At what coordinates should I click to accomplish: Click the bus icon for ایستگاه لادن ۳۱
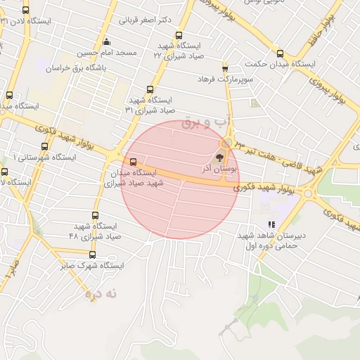[26, 11]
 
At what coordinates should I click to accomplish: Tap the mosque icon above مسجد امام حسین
[106, 41]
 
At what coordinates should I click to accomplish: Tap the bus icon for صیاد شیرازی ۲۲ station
[179, 35]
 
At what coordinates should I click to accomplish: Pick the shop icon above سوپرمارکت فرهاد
[225, 69]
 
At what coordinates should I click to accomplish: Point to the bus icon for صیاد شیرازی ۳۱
[149, 89]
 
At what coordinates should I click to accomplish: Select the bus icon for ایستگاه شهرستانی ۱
[45, 147]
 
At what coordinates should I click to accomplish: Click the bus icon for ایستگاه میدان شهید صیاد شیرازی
[134, 164]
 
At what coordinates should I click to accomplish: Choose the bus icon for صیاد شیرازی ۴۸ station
[96, 216]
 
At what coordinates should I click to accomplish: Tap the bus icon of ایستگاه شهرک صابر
[92, 255]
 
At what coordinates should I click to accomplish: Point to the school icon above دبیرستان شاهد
[271, 225]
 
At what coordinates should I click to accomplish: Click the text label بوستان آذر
[221, 169]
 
